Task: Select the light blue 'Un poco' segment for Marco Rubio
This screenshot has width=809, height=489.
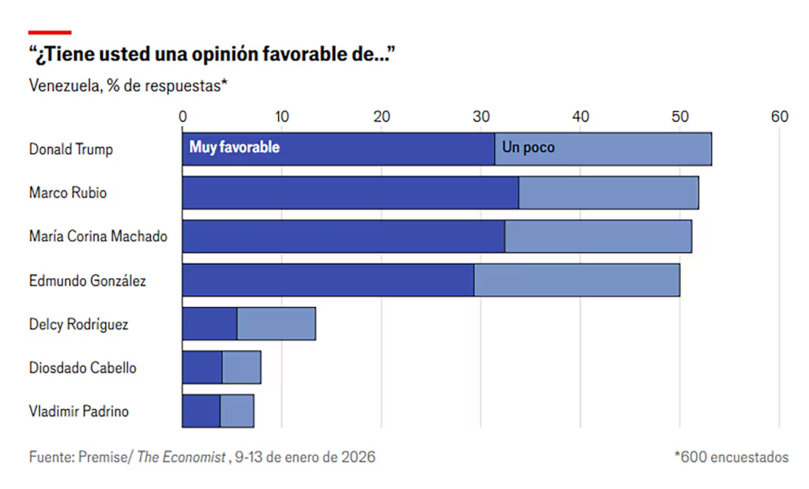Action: point(608,193)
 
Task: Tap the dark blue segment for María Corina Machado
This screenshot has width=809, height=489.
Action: point(343,237)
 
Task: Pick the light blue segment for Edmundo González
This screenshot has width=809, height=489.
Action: point(577,280)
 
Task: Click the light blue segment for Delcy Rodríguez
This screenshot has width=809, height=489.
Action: point(276,324)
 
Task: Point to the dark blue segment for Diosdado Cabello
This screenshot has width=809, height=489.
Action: point(201,367)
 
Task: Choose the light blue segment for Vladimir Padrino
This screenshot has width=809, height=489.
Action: point(237,411)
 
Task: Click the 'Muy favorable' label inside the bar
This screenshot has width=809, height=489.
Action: point(234,148)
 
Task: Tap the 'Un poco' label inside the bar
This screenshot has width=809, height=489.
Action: point(528,148)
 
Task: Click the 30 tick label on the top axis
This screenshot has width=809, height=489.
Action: point(481,117)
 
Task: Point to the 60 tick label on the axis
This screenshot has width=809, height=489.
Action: point(780,117)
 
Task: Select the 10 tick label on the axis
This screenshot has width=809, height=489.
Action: point(281,117)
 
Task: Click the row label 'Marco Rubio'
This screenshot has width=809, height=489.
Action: point(68,193)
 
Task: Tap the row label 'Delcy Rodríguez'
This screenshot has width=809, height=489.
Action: point(78,324)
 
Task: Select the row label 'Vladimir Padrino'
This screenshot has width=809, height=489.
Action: point(78,411)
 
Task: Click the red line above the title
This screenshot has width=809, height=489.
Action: point(50,33)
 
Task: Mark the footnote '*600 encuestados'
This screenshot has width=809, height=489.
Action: point(731,457)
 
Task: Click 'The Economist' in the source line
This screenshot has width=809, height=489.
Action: point(181,457)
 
